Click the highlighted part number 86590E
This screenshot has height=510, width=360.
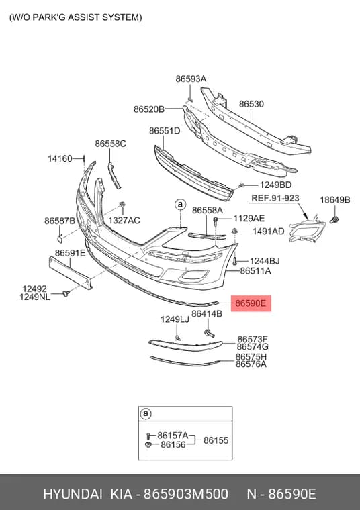click(251, 303)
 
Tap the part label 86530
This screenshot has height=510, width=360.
click(251, 104)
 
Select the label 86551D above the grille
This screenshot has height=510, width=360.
click(165, 131)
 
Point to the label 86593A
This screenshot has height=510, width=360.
click(191, 79)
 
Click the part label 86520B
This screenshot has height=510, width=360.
click(149, 109)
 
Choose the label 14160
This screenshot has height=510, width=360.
click(60, 159)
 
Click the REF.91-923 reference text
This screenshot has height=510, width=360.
click(275, 198)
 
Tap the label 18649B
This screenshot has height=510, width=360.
click(334, 200)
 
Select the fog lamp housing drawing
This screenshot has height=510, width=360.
click(307, 229)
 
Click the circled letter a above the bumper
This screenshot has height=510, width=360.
click(180, 205)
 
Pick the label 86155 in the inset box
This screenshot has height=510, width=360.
click(216, 440)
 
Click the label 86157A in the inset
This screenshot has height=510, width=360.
click(173, 436)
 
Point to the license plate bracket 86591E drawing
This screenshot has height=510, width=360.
click(71, 272)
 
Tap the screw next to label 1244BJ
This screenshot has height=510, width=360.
click(235, 260)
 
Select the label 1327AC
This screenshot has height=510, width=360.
click(124, 221)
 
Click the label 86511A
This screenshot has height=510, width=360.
click(255, 271)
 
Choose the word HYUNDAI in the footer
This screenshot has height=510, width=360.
click(73, 494)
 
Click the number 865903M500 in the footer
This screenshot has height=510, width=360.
click(186, 494)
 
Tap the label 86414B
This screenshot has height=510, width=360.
click(207, 314)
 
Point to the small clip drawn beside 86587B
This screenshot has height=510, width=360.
click(60, 238)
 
